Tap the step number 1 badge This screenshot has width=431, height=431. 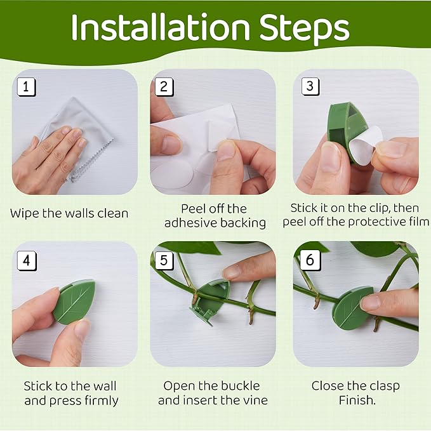[26, 87]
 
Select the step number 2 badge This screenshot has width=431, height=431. [164, 87]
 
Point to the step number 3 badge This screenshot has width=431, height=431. [310, 86]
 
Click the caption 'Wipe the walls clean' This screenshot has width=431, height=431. [69, 213]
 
